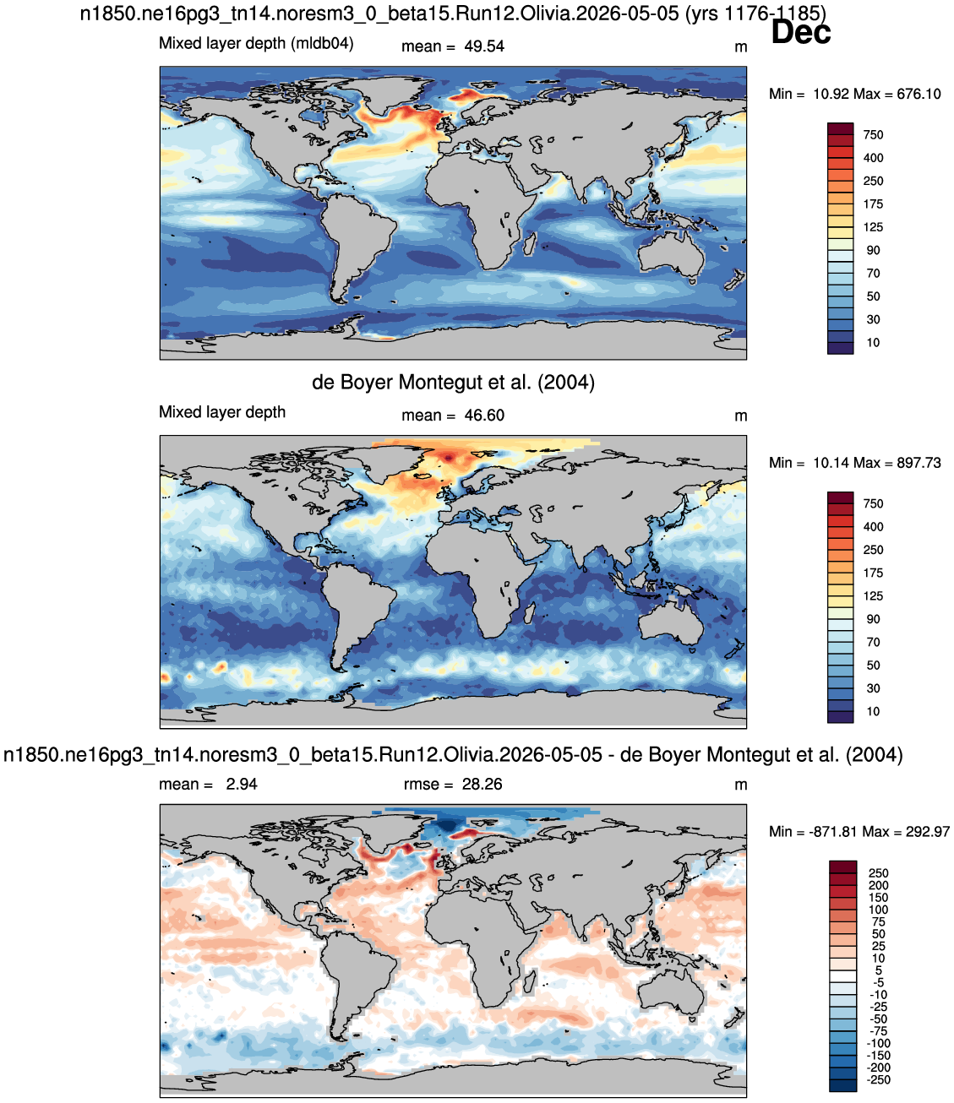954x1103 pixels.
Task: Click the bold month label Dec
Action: tap(800, 32)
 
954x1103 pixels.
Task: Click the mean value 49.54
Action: tap(483, 46)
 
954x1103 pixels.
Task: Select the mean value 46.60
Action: tap(483, 416)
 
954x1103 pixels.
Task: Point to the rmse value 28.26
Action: tap(482, 784)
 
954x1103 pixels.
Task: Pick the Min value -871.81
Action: tap(833, 831)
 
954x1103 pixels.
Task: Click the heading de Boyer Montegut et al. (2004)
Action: tap(453, 382)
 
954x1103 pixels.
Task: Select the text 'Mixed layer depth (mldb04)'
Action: tap(256, 43)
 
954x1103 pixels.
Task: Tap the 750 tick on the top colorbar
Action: tap(873, 135)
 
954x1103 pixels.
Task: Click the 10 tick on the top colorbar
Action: tap(873, 343)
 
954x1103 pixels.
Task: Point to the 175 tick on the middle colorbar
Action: tap(873, 573)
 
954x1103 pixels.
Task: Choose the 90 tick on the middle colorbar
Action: tap(873, 619)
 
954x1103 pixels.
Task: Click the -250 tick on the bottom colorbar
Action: tap(878, 1079)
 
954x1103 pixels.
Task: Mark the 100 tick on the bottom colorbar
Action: tap(878, 910)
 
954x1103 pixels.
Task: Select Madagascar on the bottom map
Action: tap(530, 981)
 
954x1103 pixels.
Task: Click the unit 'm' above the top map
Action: tap(740, 47)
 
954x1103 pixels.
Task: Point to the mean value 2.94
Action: tap(242, 784)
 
